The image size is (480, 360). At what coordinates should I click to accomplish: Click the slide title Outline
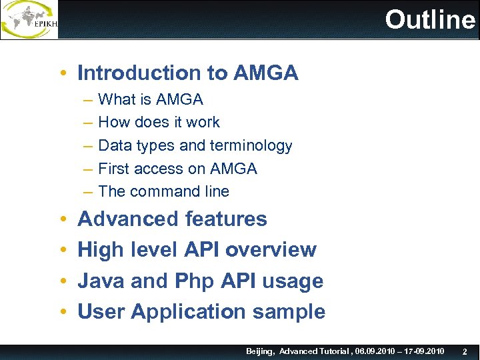coord(430,20)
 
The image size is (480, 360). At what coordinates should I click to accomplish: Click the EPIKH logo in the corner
coord(29,20)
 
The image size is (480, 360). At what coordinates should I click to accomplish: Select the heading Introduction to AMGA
coord(188,73)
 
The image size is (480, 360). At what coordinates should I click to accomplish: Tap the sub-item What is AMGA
coord(151,100)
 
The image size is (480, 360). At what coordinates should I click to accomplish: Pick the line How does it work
coord(159,123)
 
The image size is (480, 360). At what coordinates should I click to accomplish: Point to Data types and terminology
coord(195,145)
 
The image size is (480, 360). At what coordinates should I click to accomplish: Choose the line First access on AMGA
coord(177,169)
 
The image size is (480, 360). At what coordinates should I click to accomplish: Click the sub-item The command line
coord(163,191)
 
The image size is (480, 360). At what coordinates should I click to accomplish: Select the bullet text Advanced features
coord(172,219)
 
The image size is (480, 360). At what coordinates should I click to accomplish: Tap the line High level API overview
coord(197,249)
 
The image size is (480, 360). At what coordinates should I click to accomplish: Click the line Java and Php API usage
coord(200,281)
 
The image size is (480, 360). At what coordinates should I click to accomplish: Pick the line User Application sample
coord(201,311)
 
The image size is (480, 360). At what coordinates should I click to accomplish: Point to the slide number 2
coord(465,351)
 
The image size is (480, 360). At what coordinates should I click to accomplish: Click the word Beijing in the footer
coord(260,351)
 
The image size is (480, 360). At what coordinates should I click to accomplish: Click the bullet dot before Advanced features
coord(61,219)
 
